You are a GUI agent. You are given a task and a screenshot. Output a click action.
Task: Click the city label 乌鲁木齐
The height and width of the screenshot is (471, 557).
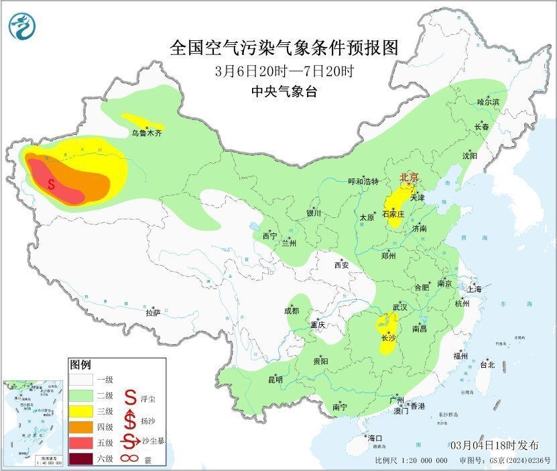(x=146, y=134)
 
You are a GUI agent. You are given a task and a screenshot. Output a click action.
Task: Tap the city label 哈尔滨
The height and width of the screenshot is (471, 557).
(x=488, y=101)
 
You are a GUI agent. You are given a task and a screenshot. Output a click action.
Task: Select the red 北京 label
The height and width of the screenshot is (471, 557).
(x=409, y=177)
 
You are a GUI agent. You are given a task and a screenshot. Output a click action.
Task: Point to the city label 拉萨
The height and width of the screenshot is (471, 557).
(x=153, y=312)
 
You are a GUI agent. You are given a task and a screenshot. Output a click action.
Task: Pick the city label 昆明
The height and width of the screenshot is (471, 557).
(x=275, y=380)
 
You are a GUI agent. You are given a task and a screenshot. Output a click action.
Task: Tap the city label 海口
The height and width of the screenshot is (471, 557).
(x=375, y=437)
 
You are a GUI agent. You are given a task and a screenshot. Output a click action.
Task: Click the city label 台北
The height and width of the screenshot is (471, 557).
(x=487, y=365)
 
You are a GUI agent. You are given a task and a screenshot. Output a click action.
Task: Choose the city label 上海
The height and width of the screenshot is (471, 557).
(x=475, y=289)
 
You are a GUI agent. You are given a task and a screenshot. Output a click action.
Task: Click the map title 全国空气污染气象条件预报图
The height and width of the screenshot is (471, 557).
(x=285, y=48)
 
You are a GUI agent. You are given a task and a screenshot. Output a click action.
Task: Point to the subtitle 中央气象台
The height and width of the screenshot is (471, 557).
(x=284, y=92)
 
